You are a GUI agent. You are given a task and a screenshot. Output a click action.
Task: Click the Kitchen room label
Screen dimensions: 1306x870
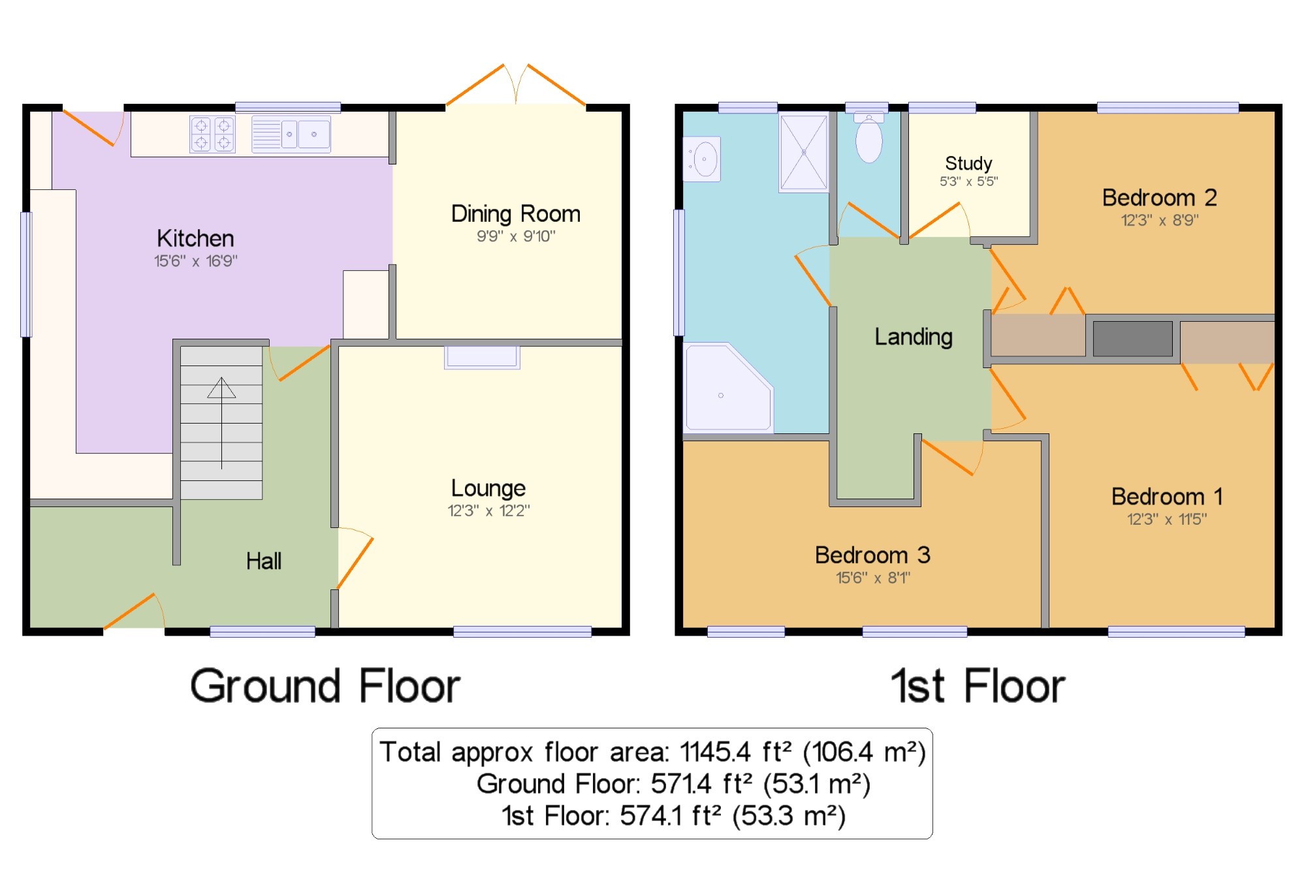pos(195,238)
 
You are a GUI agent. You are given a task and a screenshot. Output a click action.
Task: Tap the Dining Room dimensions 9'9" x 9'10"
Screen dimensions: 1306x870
pos(516,236)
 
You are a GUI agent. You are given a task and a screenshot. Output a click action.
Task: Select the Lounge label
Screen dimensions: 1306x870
pos(488,488)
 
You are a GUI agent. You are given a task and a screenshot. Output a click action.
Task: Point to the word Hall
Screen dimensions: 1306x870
pos(264,561)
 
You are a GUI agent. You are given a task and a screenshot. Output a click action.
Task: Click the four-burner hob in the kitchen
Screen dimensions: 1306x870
pos(212,134)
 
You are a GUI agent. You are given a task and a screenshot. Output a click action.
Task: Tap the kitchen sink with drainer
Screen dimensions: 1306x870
pos(291,134)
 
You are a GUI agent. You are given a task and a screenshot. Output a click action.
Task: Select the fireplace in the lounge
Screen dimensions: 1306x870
pos(482,357)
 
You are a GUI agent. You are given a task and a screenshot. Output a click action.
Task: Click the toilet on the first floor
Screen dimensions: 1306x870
pos(869,137)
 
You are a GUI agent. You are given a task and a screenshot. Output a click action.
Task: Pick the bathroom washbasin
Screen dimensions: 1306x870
pos(702,159)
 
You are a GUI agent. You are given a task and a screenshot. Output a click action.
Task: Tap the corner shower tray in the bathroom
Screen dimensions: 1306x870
pos(728,388)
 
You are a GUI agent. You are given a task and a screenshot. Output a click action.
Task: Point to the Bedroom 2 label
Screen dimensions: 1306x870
pos(1160,197)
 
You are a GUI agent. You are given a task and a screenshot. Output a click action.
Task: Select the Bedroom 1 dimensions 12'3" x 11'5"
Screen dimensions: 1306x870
pos(1167,519)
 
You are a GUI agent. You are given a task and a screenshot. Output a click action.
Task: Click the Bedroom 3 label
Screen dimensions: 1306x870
pos(872,555)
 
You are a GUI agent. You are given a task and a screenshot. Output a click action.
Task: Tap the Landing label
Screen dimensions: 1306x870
pos(914,337)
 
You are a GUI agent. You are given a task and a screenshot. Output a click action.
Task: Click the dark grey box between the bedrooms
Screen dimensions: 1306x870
pos(1133,339)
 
